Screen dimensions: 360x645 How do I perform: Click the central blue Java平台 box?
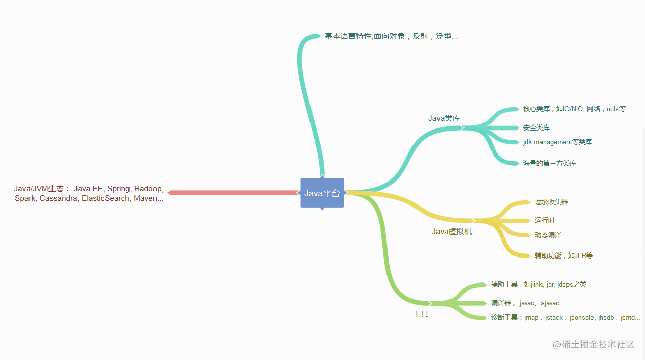[322, 193]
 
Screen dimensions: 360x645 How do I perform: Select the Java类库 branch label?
[444, 118]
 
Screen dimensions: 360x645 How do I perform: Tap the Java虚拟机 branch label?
[452, 232]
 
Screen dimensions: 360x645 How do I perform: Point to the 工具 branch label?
[421, 314]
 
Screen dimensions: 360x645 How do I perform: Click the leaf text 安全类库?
[536, 128]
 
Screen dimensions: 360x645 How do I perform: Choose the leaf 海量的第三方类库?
[550, 164]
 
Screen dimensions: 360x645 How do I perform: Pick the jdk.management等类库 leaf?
[557, 142]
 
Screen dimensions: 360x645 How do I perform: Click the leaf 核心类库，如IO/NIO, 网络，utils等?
[574, 109]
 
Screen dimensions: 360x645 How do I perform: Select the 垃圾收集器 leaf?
[551, 202]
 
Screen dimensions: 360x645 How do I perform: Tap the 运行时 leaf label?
[545, 221]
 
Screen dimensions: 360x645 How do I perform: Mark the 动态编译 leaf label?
[548, 235]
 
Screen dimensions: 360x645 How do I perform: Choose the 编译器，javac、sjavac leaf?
[525, 303]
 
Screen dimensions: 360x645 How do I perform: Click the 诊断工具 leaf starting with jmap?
[565, 318]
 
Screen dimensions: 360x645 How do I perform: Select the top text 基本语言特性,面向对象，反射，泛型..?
[391, 36]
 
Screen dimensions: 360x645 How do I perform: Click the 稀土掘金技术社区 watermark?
[594, 345]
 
